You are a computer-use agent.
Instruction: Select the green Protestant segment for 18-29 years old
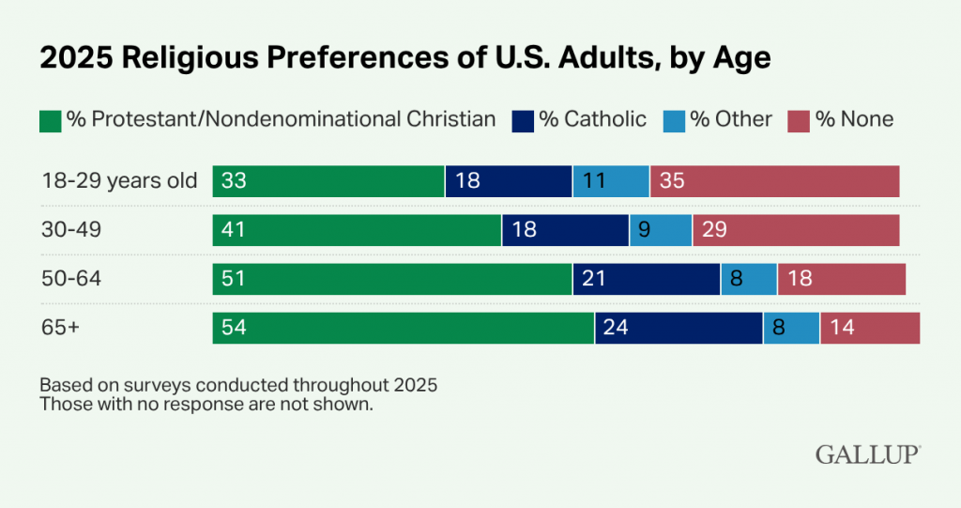328,181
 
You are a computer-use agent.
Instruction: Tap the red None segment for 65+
870,329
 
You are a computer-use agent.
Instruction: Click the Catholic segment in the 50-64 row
646,280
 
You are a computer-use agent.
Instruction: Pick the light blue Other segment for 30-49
661,230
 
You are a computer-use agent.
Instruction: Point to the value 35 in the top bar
672,181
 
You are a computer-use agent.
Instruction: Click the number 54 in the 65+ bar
234,329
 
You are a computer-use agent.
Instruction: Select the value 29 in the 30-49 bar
714,230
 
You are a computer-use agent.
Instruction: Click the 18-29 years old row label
119,181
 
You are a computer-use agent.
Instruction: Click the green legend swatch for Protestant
50,120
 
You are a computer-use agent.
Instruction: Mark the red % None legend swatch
798,120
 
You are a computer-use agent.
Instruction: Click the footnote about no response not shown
206,406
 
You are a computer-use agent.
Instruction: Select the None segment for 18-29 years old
774,181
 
